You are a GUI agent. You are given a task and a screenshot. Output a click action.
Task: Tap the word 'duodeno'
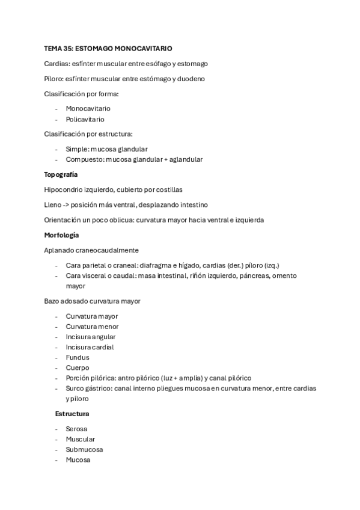(192, 79)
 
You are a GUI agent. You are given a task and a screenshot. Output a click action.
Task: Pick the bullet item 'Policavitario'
(85, 119)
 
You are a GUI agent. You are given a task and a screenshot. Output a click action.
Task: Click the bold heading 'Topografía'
(61, 174)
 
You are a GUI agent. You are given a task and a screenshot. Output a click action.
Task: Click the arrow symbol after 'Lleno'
(68, 204)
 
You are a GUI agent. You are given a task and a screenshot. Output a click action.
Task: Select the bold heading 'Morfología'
(61, 235)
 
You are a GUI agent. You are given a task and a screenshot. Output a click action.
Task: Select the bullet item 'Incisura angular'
(91, 337)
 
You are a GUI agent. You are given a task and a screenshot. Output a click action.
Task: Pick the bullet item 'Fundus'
(77, 357)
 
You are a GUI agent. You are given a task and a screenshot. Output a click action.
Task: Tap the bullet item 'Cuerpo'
(78, 367)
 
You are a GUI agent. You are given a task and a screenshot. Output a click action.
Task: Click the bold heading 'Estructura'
(72, 414)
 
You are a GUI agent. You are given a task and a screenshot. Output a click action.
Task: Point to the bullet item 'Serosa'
(76, 429)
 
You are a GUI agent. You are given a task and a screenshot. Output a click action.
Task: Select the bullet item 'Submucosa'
(84, 449)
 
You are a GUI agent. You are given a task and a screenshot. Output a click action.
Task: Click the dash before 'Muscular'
(56, 439)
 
